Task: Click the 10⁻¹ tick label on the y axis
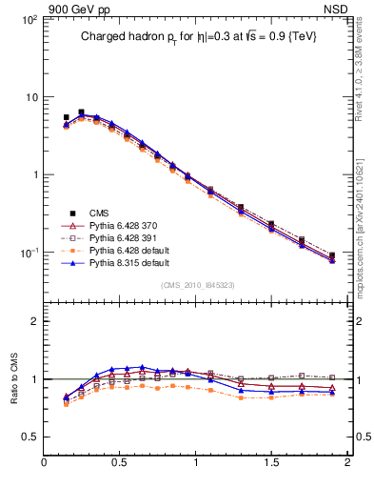click(x=30, y=253)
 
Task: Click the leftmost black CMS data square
click(x=66, y=118)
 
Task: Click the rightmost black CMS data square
click(x=332, y=255)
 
